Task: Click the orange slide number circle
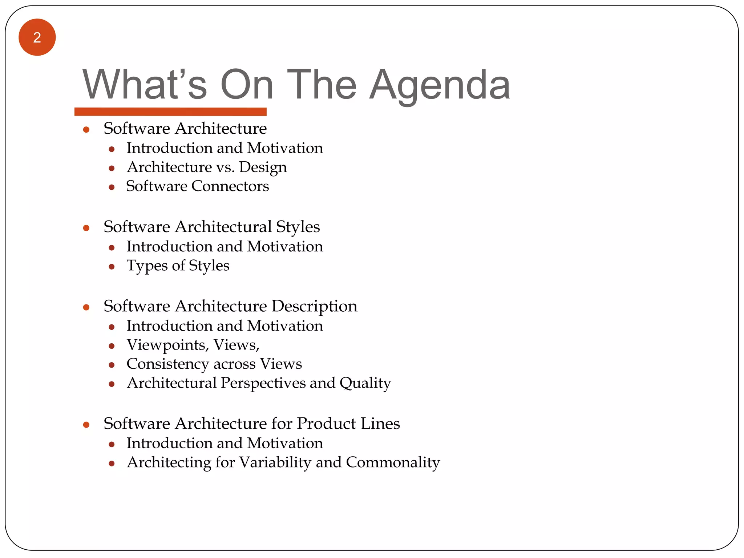37,37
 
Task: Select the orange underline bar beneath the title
170,112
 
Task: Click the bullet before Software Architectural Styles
86,228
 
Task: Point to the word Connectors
230,186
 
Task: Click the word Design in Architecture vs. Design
263,167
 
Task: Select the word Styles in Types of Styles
209,266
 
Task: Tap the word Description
314,307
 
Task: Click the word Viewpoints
167,345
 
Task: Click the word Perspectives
263,383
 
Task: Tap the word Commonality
393,462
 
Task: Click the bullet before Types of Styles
112,267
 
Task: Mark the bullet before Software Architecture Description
86,308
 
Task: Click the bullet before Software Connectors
112,187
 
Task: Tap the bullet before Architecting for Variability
112,464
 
